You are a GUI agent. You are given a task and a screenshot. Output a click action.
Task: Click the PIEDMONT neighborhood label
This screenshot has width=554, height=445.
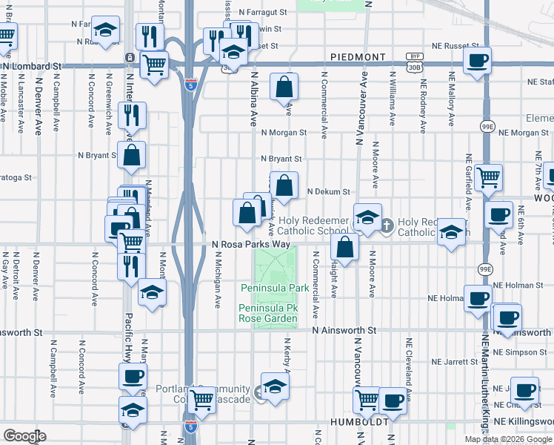[x=358, y=57]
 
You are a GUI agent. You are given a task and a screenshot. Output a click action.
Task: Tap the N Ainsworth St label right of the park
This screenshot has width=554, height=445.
[x=344, y=329]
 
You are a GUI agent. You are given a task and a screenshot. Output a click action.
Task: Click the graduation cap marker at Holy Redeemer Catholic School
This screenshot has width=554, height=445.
[x=367, y=218]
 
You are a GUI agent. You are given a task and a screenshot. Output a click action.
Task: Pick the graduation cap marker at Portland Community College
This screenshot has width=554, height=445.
[x=275, y=386]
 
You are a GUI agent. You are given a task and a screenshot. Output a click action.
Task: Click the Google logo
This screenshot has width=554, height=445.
[x=24, y=436]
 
